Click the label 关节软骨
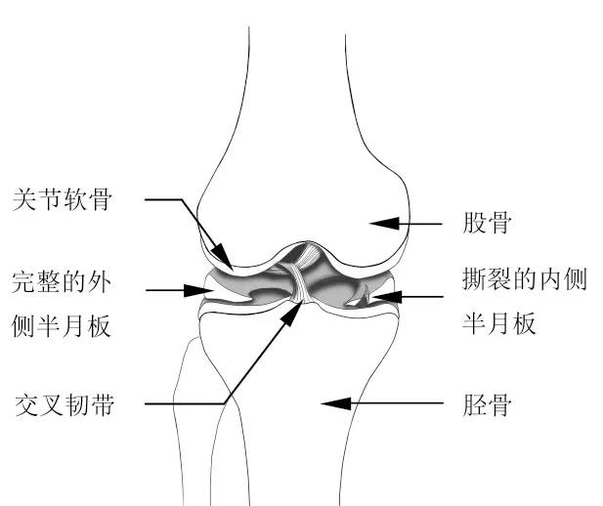[x=63, y=199]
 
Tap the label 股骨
[x=487, y=223]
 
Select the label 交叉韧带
[x=65, y=404]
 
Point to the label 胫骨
[x=488, y=404]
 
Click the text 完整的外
[x=62, y=282]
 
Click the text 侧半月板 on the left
[x=62, y=326]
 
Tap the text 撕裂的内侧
[x=525, y=278]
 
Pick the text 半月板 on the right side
[x=498, y=323]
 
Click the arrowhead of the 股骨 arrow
[x=384, y=224]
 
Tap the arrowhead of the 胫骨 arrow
[x=336, y=403]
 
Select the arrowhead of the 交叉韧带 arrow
[x=291, y=313]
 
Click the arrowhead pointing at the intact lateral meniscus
[x=198, y=290]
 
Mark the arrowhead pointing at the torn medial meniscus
[x=386, y=297]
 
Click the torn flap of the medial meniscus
[x=358, y=296]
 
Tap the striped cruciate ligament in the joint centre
[x=301, y=277]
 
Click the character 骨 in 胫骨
[x=499, y=404]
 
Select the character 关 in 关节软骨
[x=24, y=199]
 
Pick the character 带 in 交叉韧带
[x=103, y=404]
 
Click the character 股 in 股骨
[x=475, y=223]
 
